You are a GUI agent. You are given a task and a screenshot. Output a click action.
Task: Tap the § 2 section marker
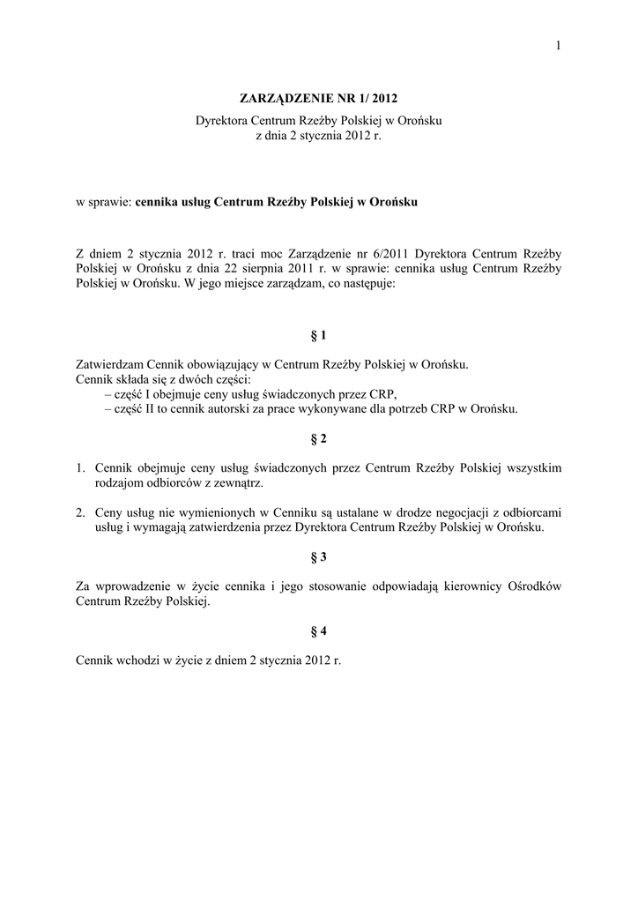[319, 438]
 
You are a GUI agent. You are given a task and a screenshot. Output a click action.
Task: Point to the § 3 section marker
[319, 557]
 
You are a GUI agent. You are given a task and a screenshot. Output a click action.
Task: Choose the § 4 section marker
[319, 631]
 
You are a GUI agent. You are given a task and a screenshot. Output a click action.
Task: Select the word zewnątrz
[237, 483]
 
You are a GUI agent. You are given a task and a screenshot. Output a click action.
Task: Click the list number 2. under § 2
[79, 512]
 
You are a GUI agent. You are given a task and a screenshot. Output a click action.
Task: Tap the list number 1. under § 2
[79, 467]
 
